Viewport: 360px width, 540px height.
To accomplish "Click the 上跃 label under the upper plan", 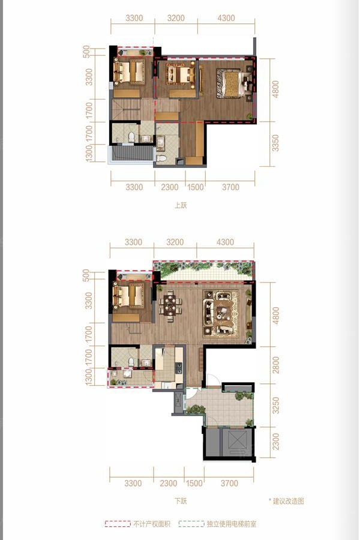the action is (181, 205).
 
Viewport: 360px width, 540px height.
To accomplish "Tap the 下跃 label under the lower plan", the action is (181, 501).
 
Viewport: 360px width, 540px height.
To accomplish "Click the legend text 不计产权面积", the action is (152, 524).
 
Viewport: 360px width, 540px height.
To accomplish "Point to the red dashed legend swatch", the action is (118, 524).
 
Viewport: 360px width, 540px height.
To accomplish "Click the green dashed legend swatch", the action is (191, 524).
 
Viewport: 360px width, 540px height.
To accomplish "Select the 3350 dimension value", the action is (275, 143).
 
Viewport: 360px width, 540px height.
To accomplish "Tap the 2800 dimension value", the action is (275, 365).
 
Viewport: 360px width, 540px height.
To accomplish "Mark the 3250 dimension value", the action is (275, 406).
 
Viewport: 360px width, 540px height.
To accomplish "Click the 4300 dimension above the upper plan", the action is (226, 18).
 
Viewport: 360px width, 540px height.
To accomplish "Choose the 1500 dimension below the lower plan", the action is (194, 483).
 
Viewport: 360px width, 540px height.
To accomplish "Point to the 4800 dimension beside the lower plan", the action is (275, 316).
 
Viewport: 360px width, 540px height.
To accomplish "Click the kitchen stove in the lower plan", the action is (179, 368).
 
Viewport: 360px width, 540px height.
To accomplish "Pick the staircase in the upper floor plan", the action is (126, 110).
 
